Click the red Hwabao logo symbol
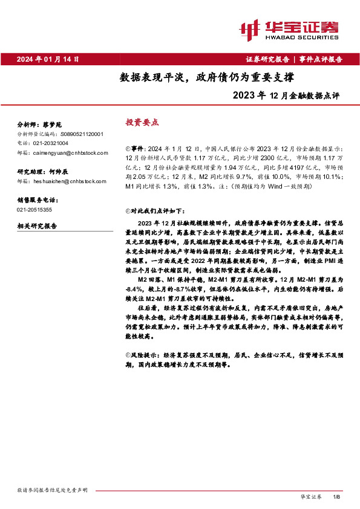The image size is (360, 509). coord(249,28)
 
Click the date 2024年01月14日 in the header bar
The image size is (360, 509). coord(48,59)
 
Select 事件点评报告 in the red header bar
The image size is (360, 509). coord(321,59)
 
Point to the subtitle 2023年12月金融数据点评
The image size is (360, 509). coord(287,95)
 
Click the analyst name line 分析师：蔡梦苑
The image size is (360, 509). coord(37,124)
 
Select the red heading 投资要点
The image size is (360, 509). coord(142,122)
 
